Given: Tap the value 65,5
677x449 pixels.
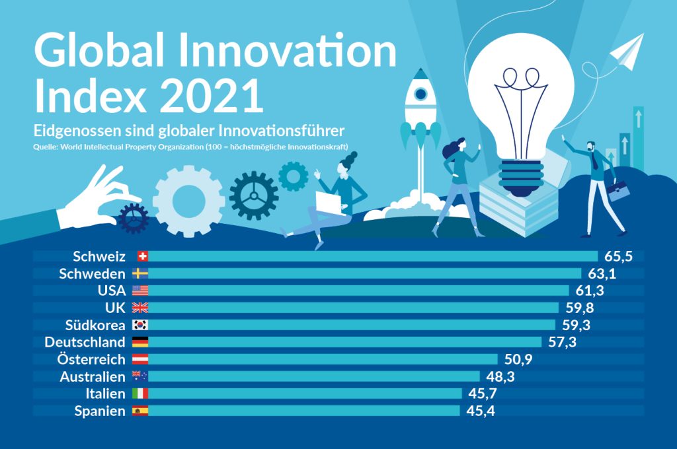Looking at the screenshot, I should point(618,256).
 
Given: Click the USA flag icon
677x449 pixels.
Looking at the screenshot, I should point(140,291).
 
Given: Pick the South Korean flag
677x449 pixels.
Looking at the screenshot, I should point(140,325).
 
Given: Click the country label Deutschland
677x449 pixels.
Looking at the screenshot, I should point(85,342).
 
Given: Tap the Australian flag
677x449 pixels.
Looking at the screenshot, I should point(140,376).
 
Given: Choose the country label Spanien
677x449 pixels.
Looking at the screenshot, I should point(99,411).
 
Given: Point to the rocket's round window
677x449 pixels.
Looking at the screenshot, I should point(420,94).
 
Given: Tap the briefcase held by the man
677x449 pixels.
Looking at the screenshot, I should point(618,191).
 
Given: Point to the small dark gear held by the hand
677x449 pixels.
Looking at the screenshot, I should point(134,218).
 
